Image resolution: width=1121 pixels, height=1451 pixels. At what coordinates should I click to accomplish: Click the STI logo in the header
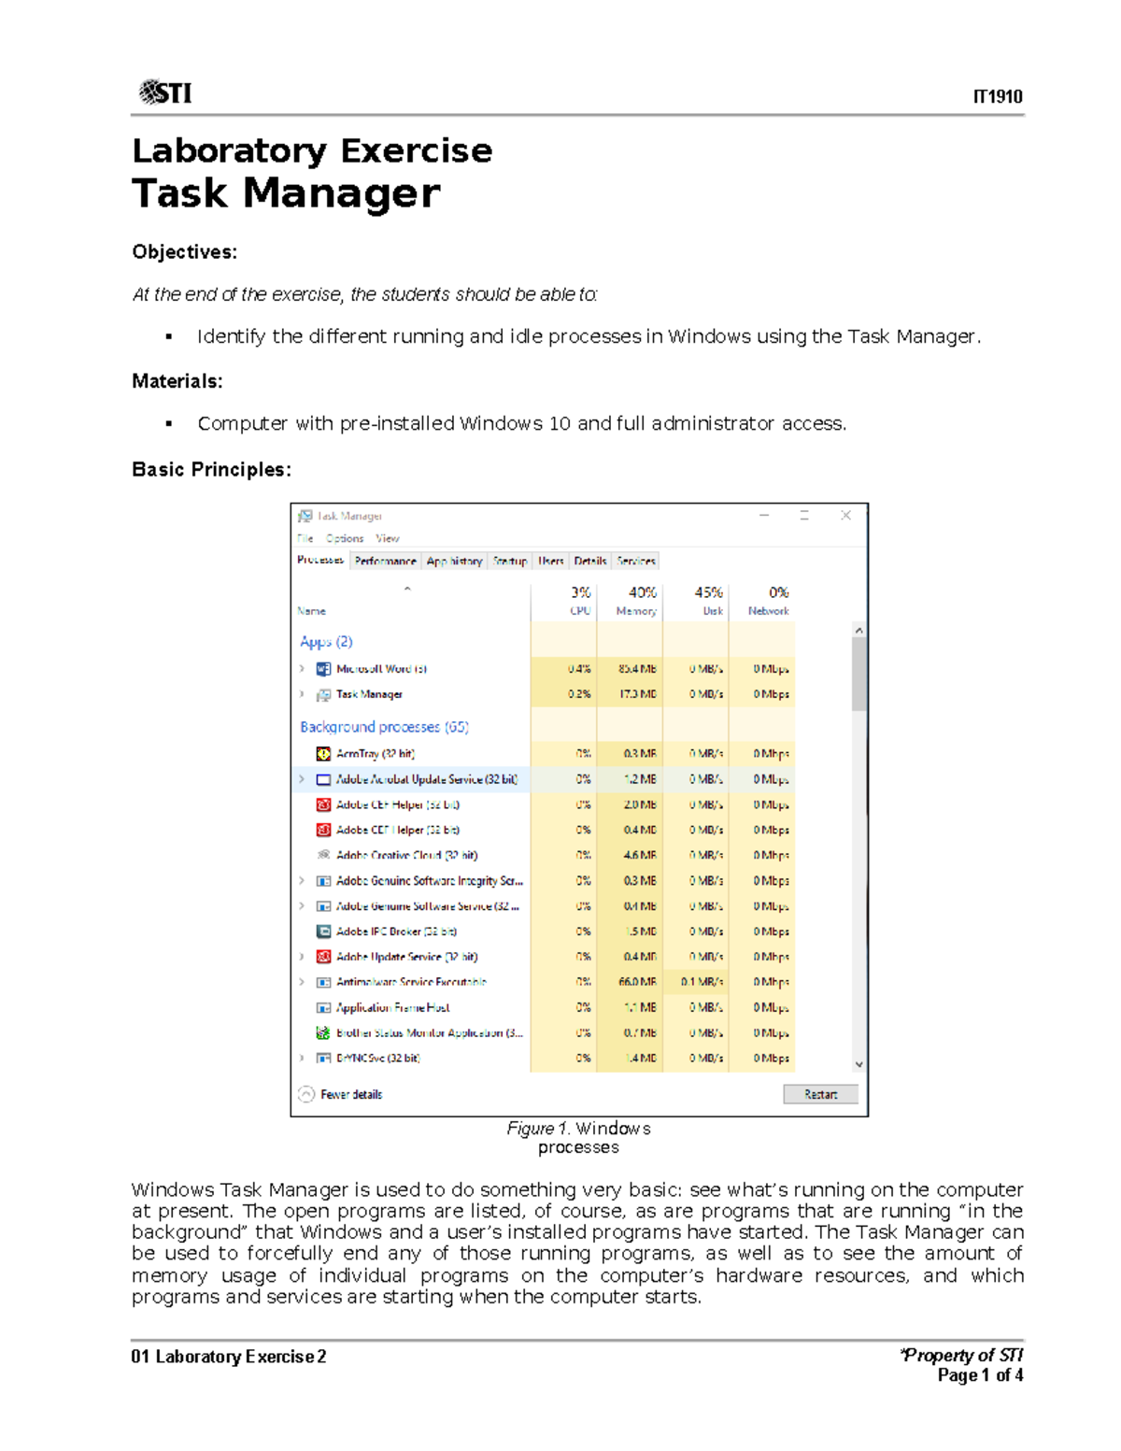click(165, 92)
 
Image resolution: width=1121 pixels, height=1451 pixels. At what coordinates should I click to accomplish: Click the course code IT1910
click(997, 97)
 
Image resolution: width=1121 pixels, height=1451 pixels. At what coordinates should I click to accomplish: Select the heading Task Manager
click(286, 193)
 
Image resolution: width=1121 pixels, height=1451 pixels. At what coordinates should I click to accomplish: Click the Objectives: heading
click(184, 252)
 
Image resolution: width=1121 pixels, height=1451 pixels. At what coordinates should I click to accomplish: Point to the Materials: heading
click(177, 381)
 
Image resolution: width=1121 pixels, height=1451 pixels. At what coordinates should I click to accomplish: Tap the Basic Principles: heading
click(211, 469)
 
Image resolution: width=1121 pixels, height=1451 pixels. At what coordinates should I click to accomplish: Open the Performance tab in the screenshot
click(385, 562)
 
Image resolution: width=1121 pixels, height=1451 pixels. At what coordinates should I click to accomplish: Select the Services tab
click(636, 562)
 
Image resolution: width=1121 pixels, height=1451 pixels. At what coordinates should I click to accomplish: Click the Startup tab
click(510, 562)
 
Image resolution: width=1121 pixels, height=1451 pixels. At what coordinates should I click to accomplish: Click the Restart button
click(820, 1094)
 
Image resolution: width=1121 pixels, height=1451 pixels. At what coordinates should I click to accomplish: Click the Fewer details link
click(350, 1094)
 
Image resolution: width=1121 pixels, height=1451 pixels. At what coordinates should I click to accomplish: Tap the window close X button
click(845, 515)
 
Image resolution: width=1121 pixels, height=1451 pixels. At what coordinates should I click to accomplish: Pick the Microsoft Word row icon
click(323, 669)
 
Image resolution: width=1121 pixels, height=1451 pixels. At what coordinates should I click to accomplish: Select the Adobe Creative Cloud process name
click(406, 855)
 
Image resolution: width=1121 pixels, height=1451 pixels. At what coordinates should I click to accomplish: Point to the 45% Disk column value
click(708, 592)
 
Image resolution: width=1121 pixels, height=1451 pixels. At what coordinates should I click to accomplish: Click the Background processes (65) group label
click(384, 727)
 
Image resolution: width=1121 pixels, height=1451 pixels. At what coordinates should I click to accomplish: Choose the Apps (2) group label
click(326, 642)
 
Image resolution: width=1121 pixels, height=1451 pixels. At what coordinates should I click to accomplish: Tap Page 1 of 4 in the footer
click(980, 1375)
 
